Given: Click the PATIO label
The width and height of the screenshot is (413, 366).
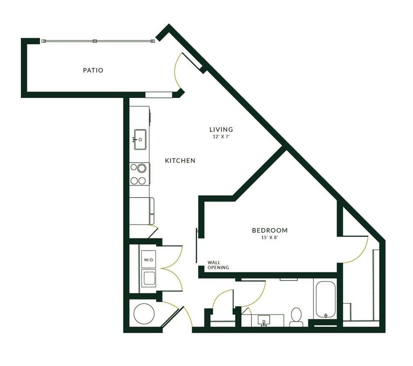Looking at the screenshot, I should click(x=93, y=70).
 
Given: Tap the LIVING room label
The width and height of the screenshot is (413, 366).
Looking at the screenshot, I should click(x=221, y=129).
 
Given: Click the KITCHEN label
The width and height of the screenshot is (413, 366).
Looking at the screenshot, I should click(x=180, y=160).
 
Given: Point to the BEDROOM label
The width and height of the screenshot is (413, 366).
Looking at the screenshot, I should click(x=270, y=230).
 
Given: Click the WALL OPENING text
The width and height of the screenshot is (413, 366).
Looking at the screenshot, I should click(x=218, y=265).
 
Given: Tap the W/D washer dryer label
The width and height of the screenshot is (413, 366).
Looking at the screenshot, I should click(x=148, y=260).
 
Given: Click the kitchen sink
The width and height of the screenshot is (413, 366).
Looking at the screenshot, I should click(x=140, y=139).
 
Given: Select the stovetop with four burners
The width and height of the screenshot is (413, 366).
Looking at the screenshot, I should click(x=140, y=174).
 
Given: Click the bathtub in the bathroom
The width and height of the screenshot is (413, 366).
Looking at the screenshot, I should click(x=325, y=299).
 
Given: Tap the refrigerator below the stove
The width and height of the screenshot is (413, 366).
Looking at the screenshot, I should click(x=141, y=211).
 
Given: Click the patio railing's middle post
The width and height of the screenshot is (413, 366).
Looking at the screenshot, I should click(x=94, y=41).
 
